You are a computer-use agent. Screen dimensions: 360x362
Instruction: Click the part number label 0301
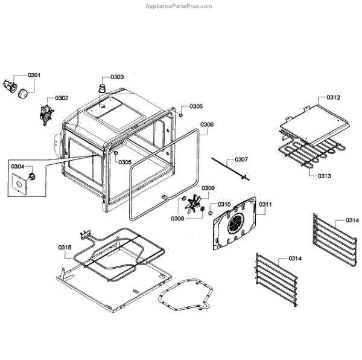(34, 76)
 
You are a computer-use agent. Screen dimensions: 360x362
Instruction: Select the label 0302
(62, 98)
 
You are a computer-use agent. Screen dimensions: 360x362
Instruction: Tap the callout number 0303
(117, 77)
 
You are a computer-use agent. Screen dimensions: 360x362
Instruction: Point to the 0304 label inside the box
(17, 166)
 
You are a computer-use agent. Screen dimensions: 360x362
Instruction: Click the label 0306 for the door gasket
(207, 124)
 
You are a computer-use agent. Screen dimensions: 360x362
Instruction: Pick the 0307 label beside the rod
(240, 160)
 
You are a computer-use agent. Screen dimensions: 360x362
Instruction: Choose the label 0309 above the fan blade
(208, 188)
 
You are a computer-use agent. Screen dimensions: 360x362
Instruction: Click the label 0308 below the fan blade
(177, 218)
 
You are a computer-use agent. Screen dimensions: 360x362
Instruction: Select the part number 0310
(224, 204)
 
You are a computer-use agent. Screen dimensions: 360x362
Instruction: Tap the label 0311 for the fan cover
(266, 204)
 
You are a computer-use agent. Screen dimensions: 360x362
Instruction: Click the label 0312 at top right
(334, 97)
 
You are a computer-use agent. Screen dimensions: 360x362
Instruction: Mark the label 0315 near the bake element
(65, 248)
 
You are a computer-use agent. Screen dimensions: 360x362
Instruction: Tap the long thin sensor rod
(229, 167)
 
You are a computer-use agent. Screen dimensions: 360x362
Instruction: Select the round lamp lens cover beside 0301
(25, 93)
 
